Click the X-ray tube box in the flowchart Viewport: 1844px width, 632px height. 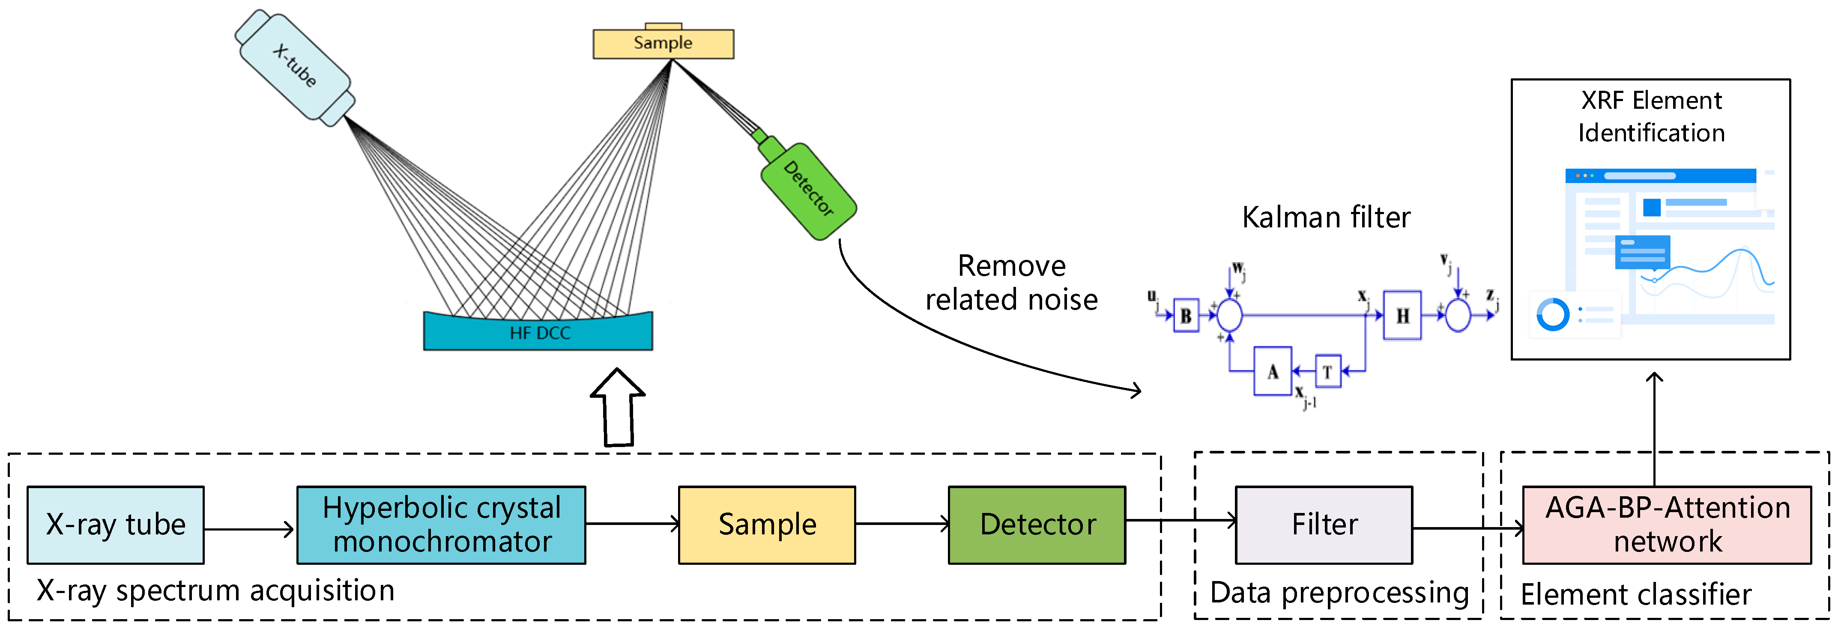115,525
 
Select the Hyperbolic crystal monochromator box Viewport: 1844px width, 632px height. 441,525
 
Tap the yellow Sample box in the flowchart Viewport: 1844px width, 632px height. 767,525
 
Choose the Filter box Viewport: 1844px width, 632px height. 1324,525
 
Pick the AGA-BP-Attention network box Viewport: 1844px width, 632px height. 1667,525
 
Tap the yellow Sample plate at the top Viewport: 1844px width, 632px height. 663,43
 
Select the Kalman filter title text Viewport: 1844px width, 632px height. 1326,217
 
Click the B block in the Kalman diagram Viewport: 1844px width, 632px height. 1186,316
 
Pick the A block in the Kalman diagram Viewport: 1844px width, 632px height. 1272,371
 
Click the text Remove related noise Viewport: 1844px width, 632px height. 1011,283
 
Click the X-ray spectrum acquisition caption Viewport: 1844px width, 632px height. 215,590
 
